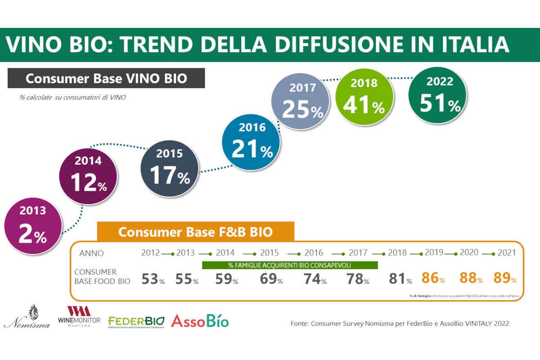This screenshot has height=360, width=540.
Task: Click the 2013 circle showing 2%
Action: [x=32, y=226]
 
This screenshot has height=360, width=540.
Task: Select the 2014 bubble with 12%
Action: [x=89, y=175]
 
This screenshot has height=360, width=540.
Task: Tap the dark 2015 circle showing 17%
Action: [x=170, y=167]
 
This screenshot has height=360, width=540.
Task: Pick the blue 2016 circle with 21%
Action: [x=252, y=142]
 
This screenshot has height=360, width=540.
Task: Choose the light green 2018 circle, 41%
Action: [x=364, y=97]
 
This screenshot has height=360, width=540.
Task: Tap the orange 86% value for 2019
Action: [x=433, y=279]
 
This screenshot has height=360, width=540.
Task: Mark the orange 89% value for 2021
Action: [x=505, y=279]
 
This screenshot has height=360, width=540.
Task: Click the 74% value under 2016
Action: [x=315, y=279]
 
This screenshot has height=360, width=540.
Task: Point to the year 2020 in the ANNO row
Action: [x=468, y=253]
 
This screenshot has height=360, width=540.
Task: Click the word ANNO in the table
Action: [x=91, y=253]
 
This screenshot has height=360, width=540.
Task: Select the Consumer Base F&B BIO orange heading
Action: [x=195, y=232]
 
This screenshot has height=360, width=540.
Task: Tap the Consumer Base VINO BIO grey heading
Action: [x=106, y=78]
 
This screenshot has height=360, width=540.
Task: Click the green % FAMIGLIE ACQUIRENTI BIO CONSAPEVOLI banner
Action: [x=290, y=265]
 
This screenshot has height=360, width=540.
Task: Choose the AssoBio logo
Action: [x=200, y=321]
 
